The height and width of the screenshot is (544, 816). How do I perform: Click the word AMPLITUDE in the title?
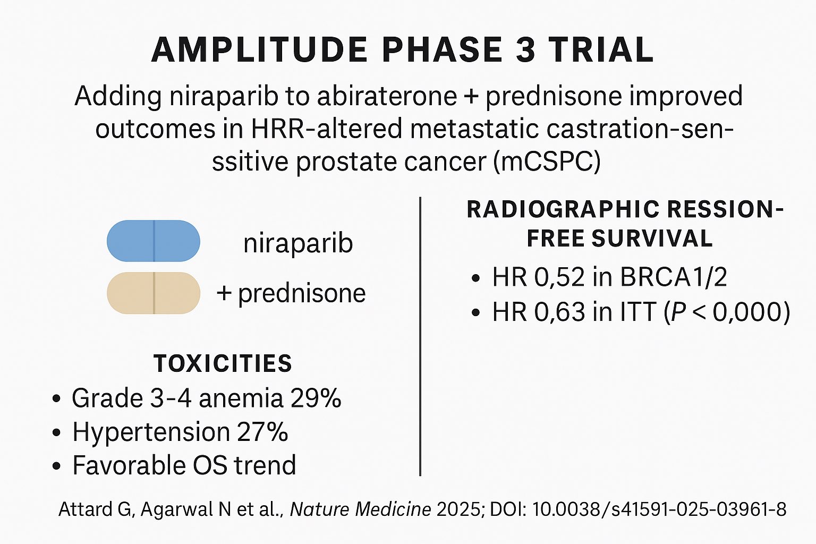point(259,49)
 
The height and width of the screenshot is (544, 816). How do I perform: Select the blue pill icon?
point(154,241)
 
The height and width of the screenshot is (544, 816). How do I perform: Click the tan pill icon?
point(154,293)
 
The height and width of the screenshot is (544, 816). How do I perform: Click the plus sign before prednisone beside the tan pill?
point(224,293)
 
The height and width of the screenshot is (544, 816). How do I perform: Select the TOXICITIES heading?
point(223,363)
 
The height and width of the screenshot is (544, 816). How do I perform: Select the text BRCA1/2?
point(673,277)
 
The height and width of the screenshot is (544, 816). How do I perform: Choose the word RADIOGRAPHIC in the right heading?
point(563,210)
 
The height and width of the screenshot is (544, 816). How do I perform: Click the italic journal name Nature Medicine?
point(361,509)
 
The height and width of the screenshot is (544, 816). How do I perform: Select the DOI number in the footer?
point(659,509)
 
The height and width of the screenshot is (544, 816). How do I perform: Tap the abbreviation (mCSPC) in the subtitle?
point(547,162)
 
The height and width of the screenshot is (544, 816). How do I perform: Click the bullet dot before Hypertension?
point(56,432)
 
